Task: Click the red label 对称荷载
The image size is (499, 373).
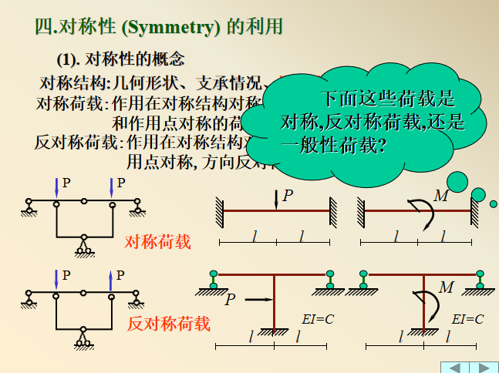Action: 157,242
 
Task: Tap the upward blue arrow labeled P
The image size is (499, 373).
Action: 112,280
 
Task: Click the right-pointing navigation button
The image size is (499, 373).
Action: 484,367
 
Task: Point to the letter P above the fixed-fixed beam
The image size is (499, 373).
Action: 288,196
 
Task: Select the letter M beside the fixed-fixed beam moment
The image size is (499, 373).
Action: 440,196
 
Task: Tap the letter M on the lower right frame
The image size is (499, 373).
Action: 447,287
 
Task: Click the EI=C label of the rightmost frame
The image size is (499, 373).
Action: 467,318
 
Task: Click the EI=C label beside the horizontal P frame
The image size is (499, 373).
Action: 317,318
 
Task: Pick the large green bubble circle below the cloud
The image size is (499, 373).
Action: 457,182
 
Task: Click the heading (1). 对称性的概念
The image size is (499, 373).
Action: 120,59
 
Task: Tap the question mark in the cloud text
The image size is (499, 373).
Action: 383,144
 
